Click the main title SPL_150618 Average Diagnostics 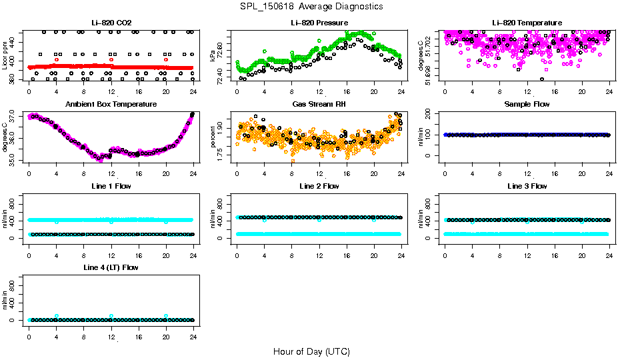click(x=312, y=6)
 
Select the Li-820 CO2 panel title click(x=111, y=23)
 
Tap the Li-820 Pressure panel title click(x=319, y=23)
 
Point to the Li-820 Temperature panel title click(x=527, y=23)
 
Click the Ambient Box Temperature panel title click(x=111, y=105)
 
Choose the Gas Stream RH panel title click(x=319, y=105)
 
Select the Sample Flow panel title click(x=527, y=105)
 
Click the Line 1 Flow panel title click(x=111, y=186)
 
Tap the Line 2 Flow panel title click(x=319, y=186)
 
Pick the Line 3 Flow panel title click(x=527, y=186)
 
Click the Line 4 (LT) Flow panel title click(x=111, y=267)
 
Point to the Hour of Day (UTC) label click(x=311, y=351)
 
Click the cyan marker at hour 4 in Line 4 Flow click(x=57, y=316)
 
